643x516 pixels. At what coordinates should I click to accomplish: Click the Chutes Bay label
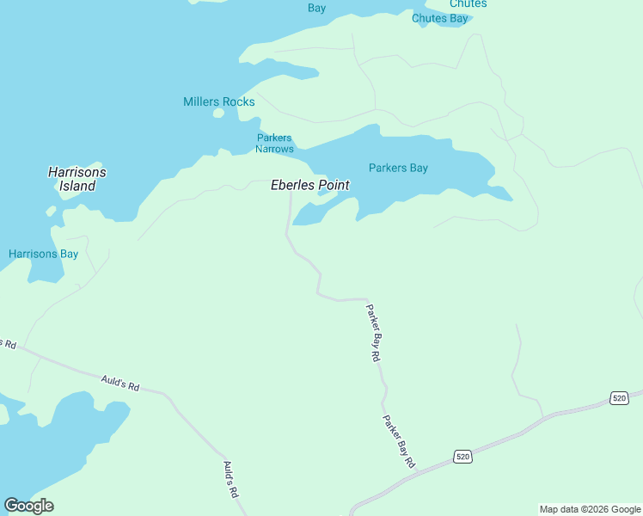click(x=439, y=18)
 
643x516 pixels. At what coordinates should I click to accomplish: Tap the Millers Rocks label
click(x=218, y=101)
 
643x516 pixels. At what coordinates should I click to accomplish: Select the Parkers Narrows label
click(x=274, y=144)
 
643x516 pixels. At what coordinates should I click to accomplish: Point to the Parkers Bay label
click(x=398, y=168)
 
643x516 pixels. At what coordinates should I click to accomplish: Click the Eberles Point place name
click(x=309, y=185)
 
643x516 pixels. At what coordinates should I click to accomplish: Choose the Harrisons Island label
click(x=77, y=179)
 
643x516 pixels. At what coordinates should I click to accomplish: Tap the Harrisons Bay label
click(x=43, y=254)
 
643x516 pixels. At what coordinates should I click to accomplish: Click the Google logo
click(x=28, y=505)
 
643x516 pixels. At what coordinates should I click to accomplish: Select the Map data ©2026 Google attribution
click(x=590, y=509)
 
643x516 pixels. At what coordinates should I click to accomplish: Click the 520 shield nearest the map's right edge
click(x=620, y=397)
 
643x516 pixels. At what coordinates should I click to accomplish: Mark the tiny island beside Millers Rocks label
click(x=218, y=113)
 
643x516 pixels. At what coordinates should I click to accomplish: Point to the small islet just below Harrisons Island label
click(x=52, y=210)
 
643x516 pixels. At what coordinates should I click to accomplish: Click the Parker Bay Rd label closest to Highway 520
click(x=399, y=442)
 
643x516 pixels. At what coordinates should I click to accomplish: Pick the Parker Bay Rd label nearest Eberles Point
click(x=373, y=332)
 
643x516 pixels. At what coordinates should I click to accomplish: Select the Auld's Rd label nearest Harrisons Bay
click(x=119, y=383)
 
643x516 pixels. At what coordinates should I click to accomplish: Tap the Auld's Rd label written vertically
click(x=230, y=480)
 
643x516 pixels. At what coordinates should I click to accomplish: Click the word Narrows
click(x=274, y=149)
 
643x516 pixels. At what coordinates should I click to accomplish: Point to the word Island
click(x=77, y=186)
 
